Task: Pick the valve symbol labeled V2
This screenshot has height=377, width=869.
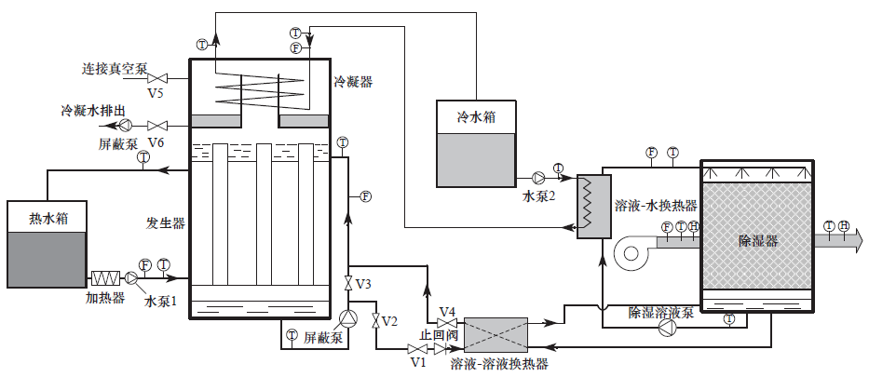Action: pyautogui.click(x=375, y=321)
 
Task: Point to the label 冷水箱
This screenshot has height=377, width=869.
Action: pyautogui.click(x=475, y=117)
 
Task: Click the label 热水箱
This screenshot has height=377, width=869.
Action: pyautogui.click(x=48, y=219)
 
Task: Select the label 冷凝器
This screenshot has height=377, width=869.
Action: pyautogui.click(x=353, y=82)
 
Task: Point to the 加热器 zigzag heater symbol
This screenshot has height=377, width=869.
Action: pyautogui.click(x=105, y=277)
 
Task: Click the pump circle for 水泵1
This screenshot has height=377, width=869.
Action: pyautogui.click(x=131, y=277)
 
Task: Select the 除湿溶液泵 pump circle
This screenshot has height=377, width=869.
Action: pyautogui.click(x=667, y=328)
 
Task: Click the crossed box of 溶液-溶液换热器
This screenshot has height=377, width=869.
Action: pyautogui.click(x=495, y=333)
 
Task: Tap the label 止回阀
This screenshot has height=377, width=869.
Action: pyautogui.click(x=436, y=336)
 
